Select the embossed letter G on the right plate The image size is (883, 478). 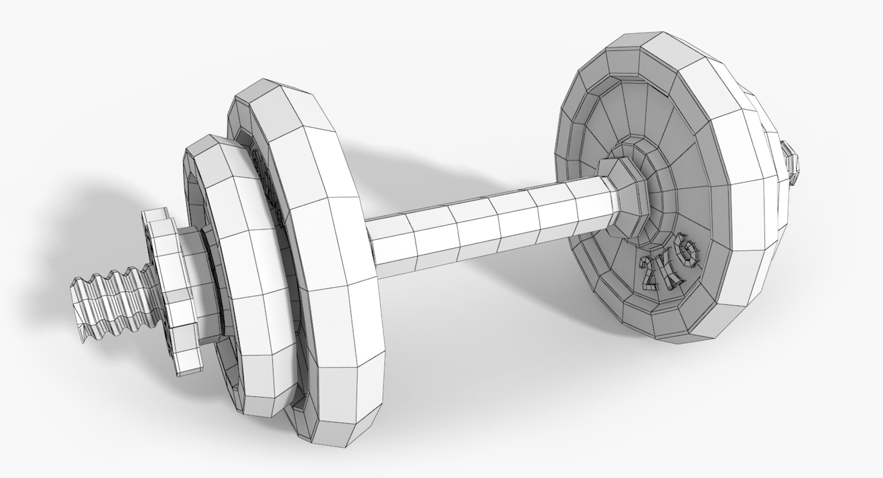688,253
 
